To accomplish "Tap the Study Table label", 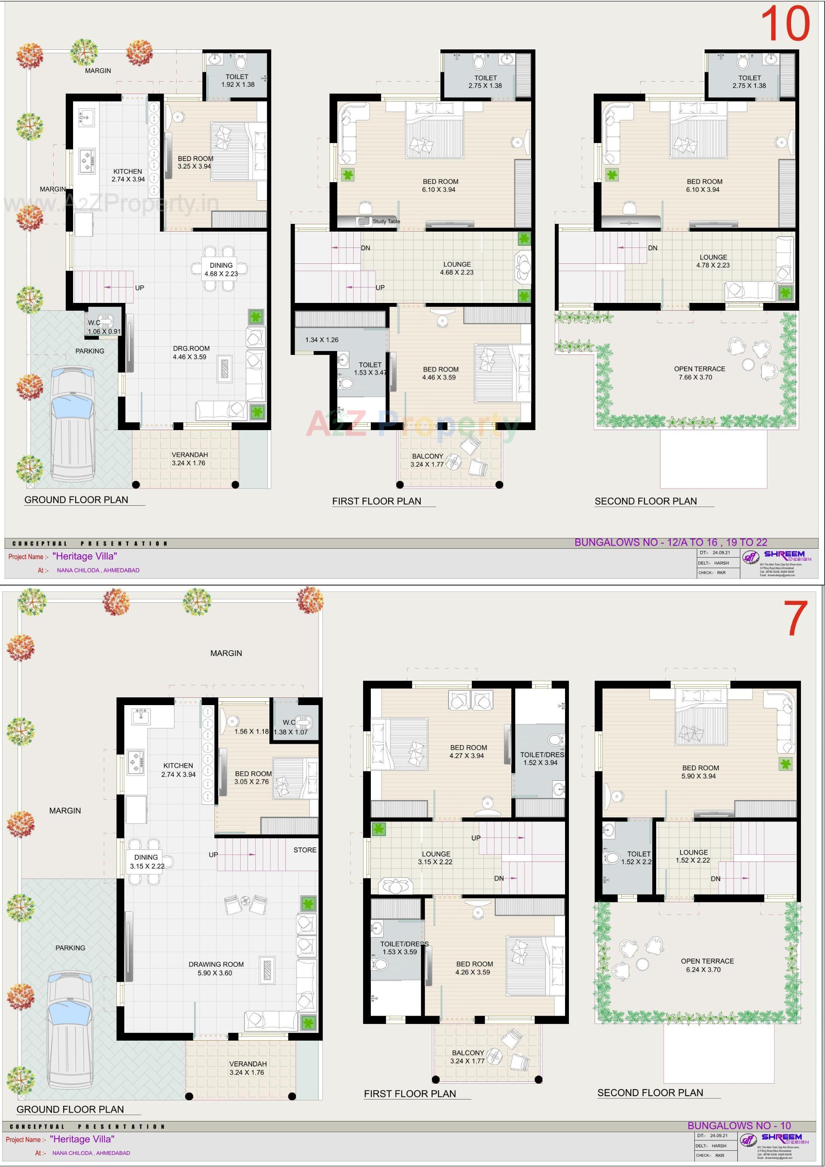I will coord(386,222).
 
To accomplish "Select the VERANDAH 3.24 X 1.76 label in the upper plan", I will coord(189,459).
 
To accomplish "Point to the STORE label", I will coord(305,850).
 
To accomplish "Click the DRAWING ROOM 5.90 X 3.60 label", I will coord(216,969).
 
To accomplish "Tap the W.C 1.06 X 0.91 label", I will coord(104,327).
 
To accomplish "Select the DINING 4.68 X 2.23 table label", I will coord(221,269).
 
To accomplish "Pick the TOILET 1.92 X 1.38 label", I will coord(237,80).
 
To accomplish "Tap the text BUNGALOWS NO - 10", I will coord(739,1126).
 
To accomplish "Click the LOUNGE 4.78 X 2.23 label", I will coord(713,261).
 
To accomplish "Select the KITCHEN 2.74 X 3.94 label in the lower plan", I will coord(178,770).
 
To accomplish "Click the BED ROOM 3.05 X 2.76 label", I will coord(253,778).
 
